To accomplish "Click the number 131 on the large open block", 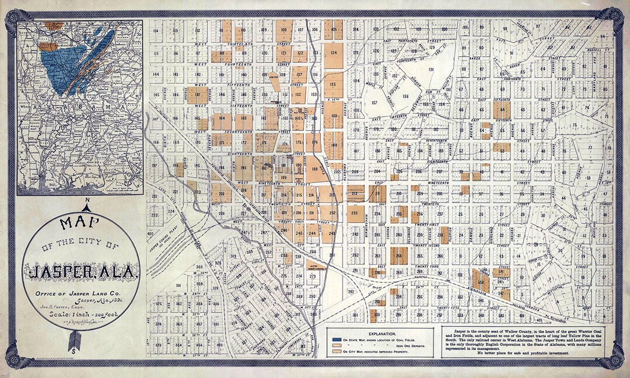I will (432, 69).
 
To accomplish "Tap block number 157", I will (374, 103).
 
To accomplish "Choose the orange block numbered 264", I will (399, 256).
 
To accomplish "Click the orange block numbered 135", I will (333, 85).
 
